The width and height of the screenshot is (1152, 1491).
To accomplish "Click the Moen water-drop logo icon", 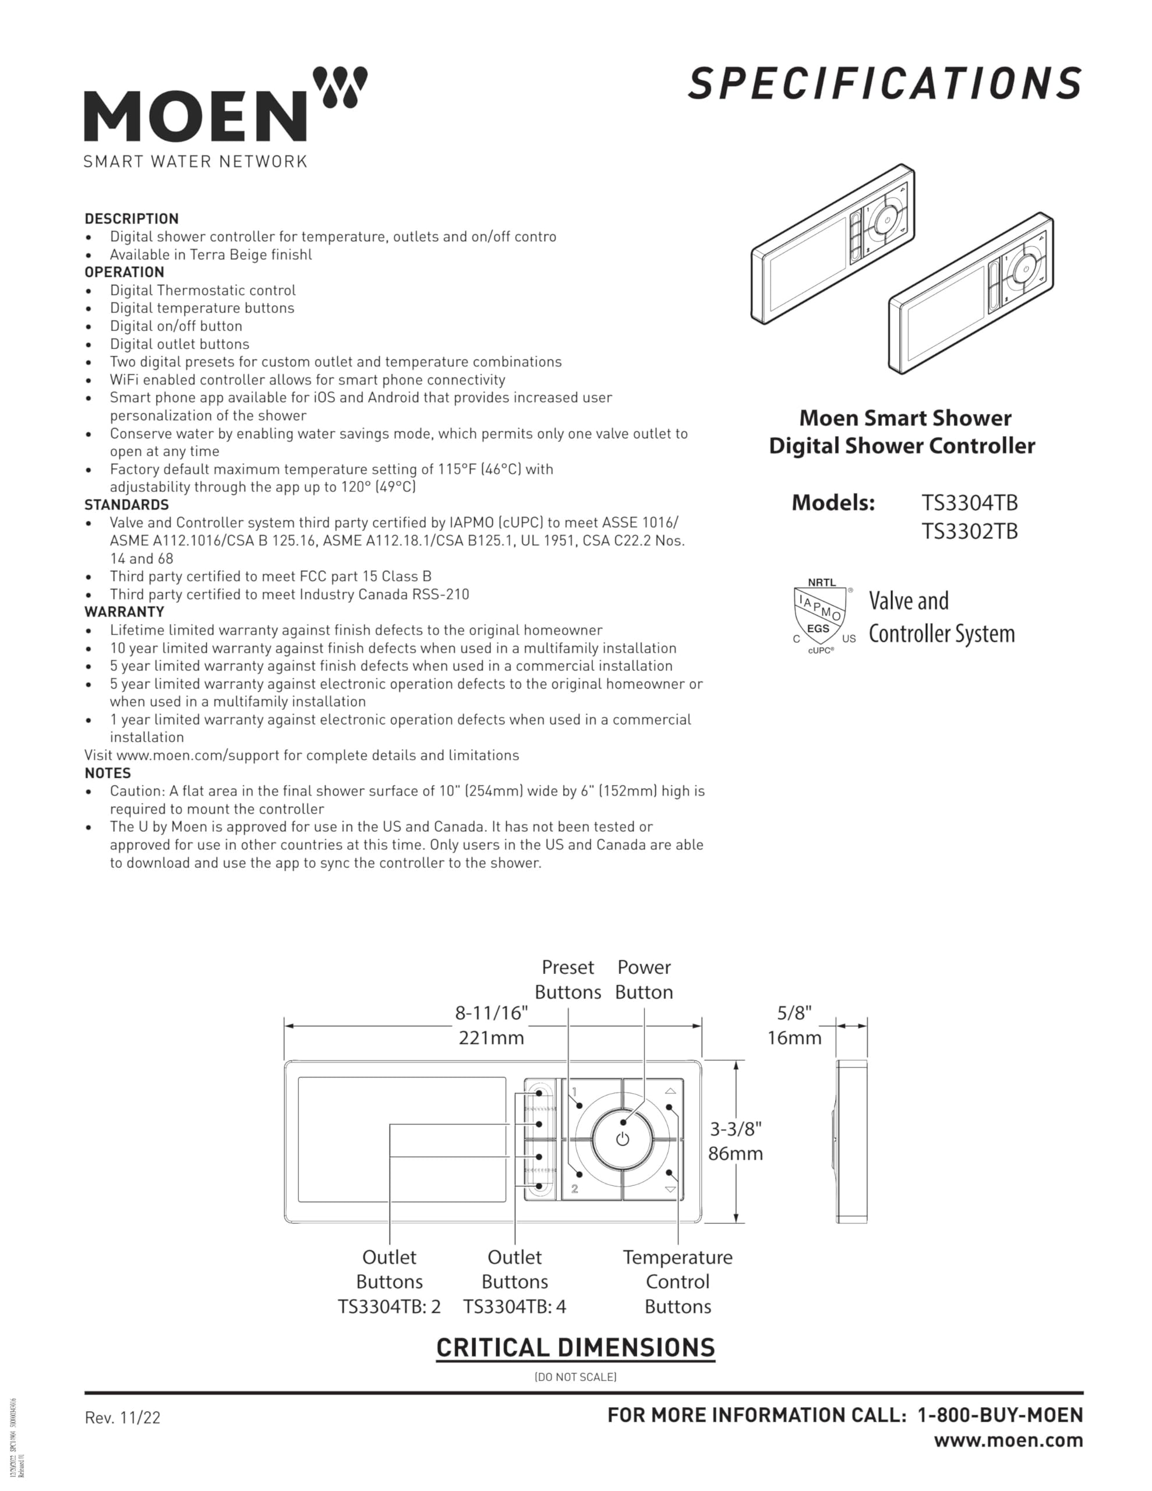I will (340, 86).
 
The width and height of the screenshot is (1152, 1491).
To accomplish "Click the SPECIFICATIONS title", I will (884, 83).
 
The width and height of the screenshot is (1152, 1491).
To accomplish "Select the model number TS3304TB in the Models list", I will (969, 503).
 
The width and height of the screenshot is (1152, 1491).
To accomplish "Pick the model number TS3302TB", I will (969, 531).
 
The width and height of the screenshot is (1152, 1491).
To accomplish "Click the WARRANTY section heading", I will (124, 612).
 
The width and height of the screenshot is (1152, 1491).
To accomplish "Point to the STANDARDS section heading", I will (126, 504).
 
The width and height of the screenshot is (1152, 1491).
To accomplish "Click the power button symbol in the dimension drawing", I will (622, 1139).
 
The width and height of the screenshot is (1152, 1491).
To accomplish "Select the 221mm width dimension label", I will (491, 1038).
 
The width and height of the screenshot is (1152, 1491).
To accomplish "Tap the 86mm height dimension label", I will (735, 1153).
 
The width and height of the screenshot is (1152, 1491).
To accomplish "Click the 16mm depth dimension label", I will (794, 1038).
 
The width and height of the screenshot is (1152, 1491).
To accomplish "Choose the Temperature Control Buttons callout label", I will (677, 1281).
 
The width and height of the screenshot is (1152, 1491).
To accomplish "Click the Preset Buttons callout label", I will (567, 979).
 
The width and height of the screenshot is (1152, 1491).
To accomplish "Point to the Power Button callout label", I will (644, 979).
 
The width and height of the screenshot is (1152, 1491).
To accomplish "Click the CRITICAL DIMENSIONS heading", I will (575, 1348).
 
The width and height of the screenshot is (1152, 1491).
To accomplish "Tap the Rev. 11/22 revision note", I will (122, 1418).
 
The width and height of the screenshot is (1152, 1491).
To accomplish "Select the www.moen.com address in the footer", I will (1008, 1440).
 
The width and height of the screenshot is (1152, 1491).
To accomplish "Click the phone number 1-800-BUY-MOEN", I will (1000, 1415).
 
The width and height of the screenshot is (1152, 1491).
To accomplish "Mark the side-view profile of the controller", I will (851, 1142).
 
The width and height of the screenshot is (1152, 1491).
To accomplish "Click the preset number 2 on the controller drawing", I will (574, 1189).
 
